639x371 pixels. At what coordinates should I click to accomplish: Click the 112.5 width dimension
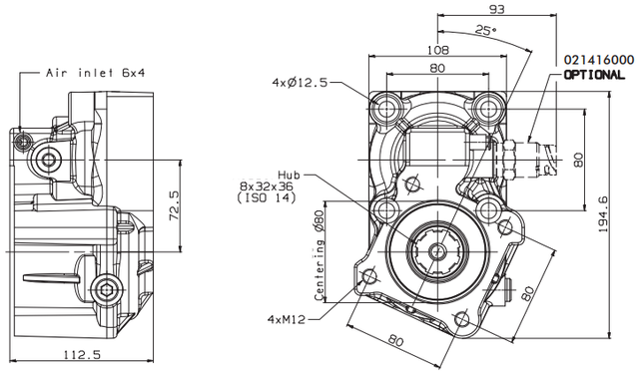pos(82,355)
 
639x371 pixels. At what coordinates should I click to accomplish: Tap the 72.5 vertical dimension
pos(174,205)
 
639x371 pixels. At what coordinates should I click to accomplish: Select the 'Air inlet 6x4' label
pos(96,73)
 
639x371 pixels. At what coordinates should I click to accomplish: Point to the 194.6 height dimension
pos(603,214)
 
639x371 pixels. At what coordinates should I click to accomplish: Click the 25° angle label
pos(486,30)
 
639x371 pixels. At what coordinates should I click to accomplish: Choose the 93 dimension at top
pos(497,9)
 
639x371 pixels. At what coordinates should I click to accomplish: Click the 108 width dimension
pos(438,50)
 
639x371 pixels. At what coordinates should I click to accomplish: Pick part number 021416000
pos(599,60)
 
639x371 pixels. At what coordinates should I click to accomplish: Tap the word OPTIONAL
pos(594,75)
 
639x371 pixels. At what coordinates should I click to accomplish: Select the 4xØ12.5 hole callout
pos(300,83)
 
